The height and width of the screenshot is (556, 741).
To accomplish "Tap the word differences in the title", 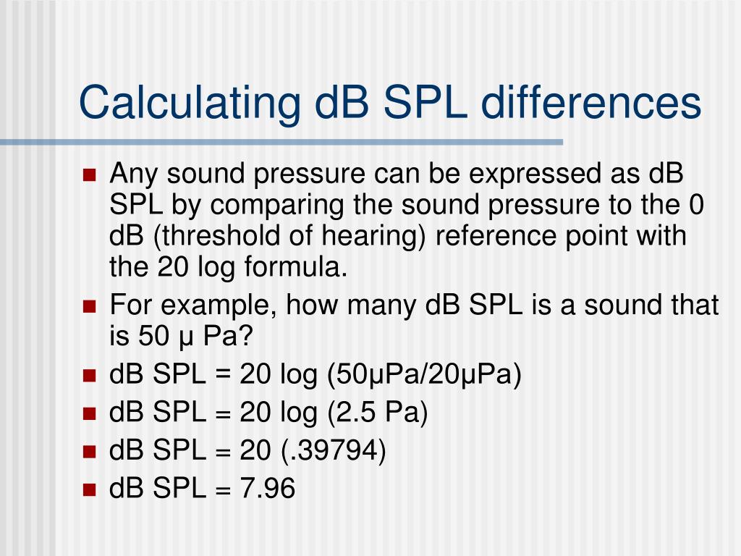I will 591,102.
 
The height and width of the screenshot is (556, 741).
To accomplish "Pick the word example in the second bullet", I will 215,306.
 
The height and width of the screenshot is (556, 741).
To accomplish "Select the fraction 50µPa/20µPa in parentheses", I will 424,376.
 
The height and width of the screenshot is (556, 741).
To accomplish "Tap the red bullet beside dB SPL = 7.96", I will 90,490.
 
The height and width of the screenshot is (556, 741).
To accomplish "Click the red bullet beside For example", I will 90,307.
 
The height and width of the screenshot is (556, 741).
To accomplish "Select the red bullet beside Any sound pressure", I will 90,175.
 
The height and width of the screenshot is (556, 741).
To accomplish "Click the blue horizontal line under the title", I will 289,142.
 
